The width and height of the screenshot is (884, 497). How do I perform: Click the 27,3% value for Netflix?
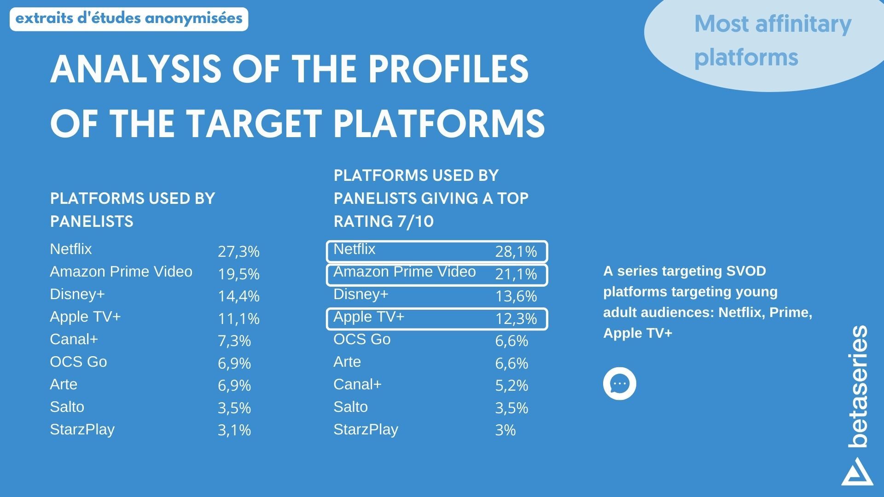pyautogui.click(x=238, y=252)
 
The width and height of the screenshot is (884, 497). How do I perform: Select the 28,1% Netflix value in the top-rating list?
pyautogui.click(x=516, y=252)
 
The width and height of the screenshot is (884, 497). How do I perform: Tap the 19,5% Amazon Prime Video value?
pyautogui.click(x=238, y=274)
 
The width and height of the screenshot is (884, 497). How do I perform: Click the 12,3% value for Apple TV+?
pyautogui.click(x=516, y=319)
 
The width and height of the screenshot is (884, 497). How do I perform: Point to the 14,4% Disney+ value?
pyautogui.click(x=238, y=296)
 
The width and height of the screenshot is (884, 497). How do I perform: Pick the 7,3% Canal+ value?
pyautogui.click(x=234, y=341)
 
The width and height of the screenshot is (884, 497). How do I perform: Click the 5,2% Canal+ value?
pyautogui.click(x=511, y=386)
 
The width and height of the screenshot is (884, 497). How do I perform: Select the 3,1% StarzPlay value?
pyautogui.click(x=234, y=430)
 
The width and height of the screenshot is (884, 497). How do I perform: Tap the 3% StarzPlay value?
pyautogui.click(x=505, y=430)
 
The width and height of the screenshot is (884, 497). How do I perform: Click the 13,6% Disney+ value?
pyautogui.click(x=516, y=296)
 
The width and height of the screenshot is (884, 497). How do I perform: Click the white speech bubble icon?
pyautogui.click(x=619, y=383)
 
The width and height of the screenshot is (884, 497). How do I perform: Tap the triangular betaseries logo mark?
pyautogui.click(x=857, y=472)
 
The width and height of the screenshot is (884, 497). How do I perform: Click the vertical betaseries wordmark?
pyautogui.click(x=858, y=387)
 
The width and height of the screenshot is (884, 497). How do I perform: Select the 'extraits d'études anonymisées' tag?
pyautogui.click(x=129, y=19)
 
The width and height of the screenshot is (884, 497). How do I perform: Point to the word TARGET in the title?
pyautogui.click(x=254, y=124)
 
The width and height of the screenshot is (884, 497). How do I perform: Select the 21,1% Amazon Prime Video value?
pyautogui.click(x=516, y=274)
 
